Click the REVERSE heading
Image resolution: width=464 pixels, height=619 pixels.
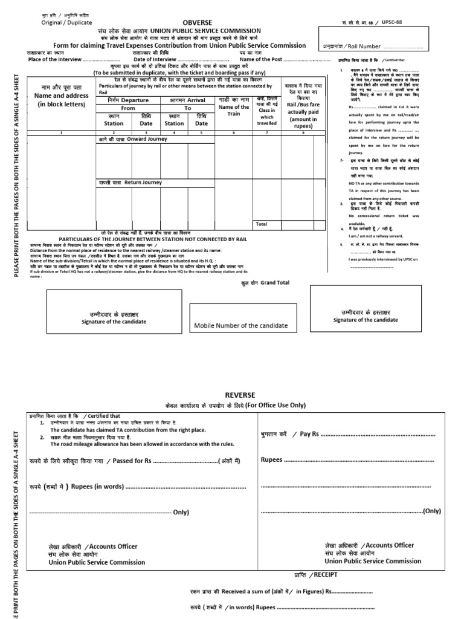click(240, 394)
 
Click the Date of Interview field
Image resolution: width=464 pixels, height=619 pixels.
click(181, 59)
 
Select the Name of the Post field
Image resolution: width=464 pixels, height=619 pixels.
click(284, 59)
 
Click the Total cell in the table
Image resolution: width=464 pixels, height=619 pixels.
click(261, 224)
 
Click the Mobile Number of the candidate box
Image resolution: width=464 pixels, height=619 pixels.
click(240, 326)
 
